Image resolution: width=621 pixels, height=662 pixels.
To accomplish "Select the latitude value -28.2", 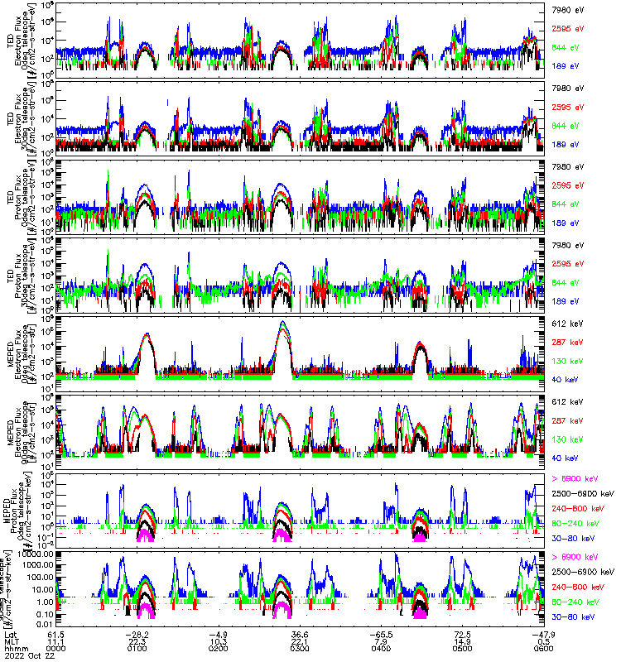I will click(137, 633).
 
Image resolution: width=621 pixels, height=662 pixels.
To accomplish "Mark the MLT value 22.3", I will click(137, 641).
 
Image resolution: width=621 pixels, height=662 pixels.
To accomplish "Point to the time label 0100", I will click(137, 650).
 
